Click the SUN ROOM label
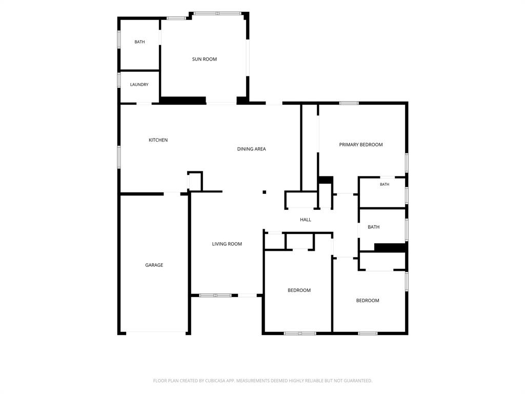pyautogui.click(x=204, y=60)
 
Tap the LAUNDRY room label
pyautogui.click(x=139, y=85)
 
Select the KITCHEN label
pyautogui.click(x=158, y=140)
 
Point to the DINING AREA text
pyautogui.click(x=251, y=149)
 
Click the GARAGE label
pyautogui.click(x=154, y=265)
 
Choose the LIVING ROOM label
pyautogui.click(x=227, y=244)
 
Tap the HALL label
pyautogui.click(x=306, y=220)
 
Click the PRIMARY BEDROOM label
pyautogui.click(x=361, y=145)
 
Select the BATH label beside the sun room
pyautogui.click(x=139, y=42)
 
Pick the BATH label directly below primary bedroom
pyautogui.click(x=385, y=184)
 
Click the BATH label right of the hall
pyautogui.click(x=374, y=227)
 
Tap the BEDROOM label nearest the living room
pyautogui.click(x=299, y=290)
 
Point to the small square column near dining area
pyautogui.click(x=264, y=192)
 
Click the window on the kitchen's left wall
pyautogui.click(x=119, y=157)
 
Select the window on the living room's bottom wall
pyautogui.click(x=215, y=295)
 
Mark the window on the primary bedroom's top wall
pyautogui.click(x=349, y=103)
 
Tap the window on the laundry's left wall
pyautogui.click(x=119, y=80)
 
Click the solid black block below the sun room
pyautogui.click(x=183, y=100)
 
